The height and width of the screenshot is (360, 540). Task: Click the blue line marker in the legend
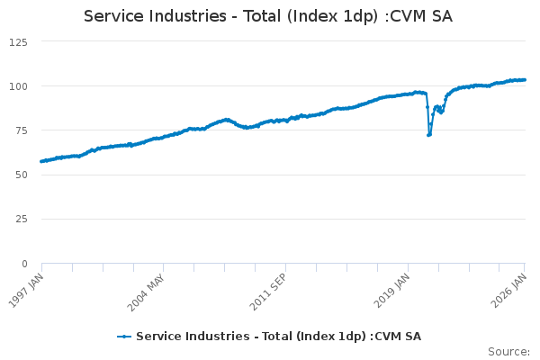[x=125, y=337]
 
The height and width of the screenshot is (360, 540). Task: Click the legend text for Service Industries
[x=278, y=337]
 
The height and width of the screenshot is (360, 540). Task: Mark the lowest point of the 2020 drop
[x=428, y=135]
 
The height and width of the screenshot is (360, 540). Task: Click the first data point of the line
[x=41, y=161]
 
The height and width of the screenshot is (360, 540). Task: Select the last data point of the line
[x=525, y=80]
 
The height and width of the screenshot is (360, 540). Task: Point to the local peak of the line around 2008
[x=226, y=119]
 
